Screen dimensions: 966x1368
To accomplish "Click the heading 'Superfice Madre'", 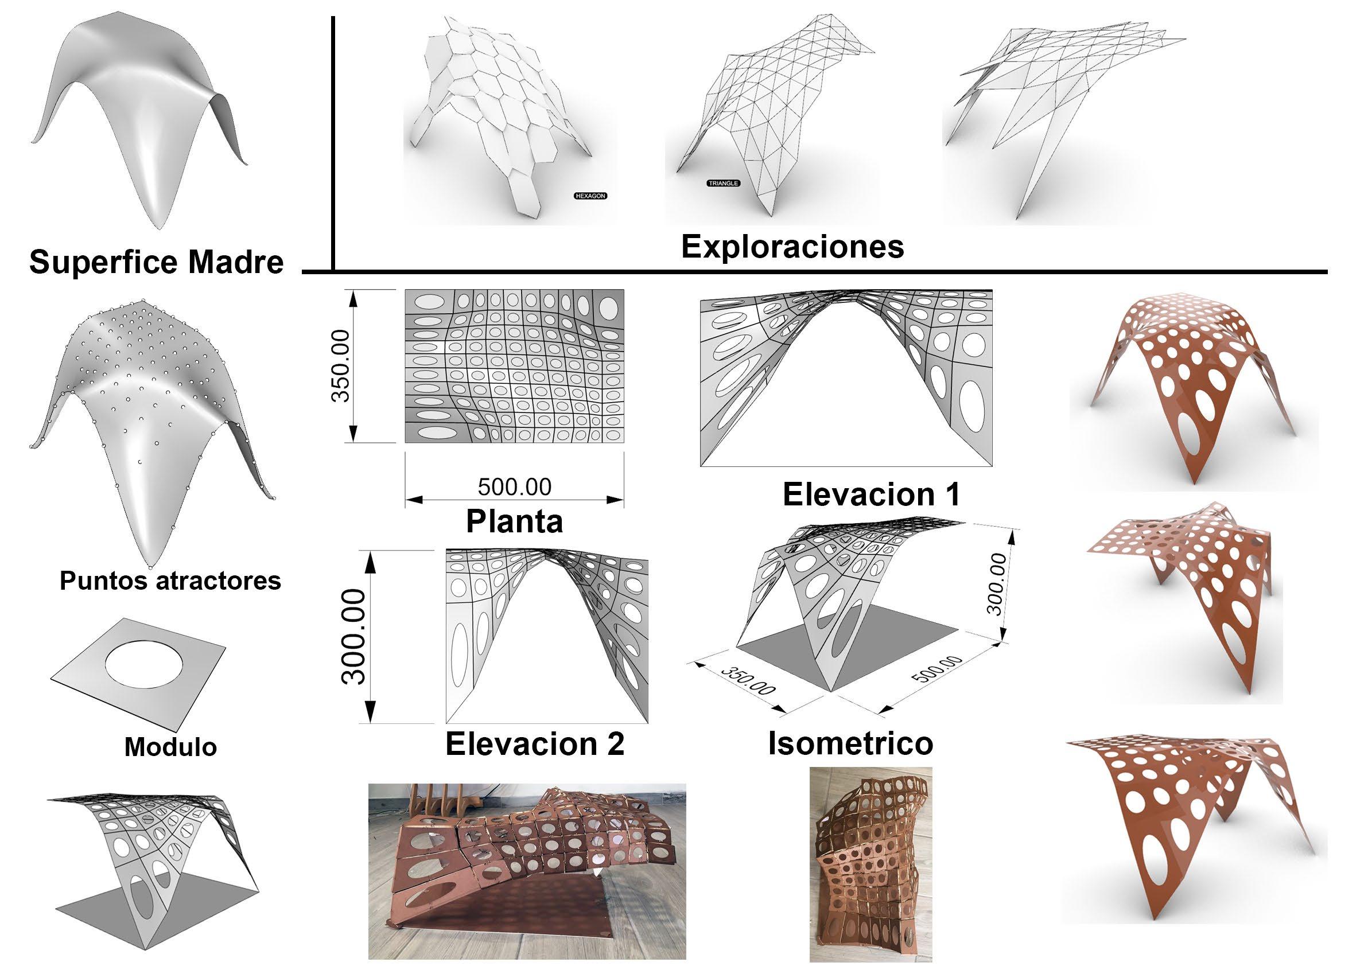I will [156, 262].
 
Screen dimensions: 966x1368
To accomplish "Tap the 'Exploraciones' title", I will [792, 246].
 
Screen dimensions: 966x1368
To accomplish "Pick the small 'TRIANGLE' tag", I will [724, 184].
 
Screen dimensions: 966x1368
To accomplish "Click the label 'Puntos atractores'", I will [170, 580].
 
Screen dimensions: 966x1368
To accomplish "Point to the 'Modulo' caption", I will [170, 746].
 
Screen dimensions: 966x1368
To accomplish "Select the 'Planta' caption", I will [514, 521].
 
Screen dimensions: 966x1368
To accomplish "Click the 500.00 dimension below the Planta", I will [515, 487].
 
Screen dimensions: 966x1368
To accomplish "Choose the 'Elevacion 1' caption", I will [872, 494].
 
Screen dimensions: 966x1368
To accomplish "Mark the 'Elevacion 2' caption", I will [534, 744].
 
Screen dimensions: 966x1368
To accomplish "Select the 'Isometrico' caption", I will [850, 744].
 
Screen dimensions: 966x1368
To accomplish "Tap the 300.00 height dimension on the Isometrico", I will [996, 583].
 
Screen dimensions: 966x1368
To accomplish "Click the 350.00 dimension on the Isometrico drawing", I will [748, 681].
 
